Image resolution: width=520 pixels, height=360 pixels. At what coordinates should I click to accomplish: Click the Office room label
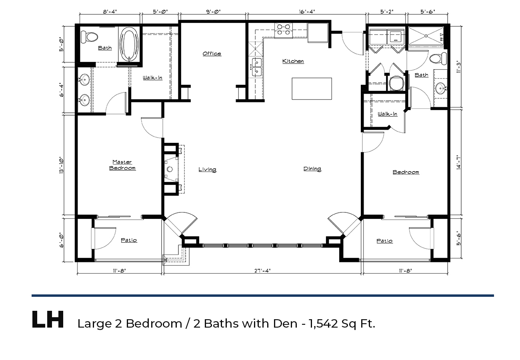[212, 54]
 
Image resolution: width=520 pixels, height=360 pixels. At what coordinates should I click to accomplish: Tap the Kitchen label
[293, 61]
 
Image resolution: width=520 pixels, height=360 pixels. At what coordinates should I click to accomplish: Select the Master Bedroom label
[122, 165]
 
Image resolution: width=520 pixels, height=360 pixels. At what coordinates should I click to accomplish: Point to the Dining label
[312, 169]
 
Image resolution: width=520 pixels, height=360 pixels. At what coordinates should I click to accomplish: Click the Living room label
[207, 170]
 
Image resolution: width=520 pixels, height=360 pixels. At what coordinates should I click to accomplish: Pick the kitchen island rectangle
[312, 89]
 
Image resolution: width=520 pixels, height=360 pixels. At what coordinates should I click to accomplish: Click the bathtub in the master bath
[129, 44]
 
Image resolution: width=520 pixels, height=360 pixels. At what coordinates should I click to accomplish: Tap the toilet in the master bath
[89, 37]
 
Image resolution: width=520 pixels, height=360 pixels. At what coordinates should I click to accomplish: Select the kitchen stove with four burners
[284, 30]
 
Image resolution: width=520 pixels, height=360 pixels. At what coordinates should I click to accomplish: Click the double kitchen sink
[256, 67]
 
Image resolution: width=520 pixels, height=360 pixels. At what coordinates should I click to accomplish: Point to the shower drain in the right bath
[426, 36]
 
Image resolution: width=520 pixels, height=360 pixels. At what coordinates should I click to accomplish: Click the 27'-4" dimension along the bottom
[262, 271]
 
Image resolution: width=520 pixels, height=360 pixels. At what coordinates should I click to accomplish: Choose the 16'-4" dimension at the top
[307, 12]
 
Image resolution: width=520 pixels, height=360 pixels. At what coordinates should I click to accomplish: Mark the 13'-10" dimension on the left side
[62, 165]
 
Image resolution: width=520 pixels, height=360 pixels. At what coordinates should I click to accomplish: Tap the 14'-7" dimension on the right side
[458, 162]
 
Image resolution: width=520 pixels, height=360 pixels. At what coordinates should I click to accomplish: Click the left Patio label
[129, 240]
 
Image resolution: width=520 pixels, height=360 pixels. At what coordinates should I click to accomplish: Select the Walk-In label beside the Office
[152, 78]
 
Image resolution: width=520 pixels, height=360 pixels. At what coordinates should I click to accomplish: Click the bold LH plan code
[48, 319]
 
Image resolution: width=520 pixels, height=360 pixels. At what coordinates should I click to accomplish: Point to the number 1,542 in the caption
[323, 324]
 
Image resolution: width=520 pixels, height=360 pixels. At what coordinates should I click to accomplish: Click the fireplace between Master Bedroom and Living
[172, 169]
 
